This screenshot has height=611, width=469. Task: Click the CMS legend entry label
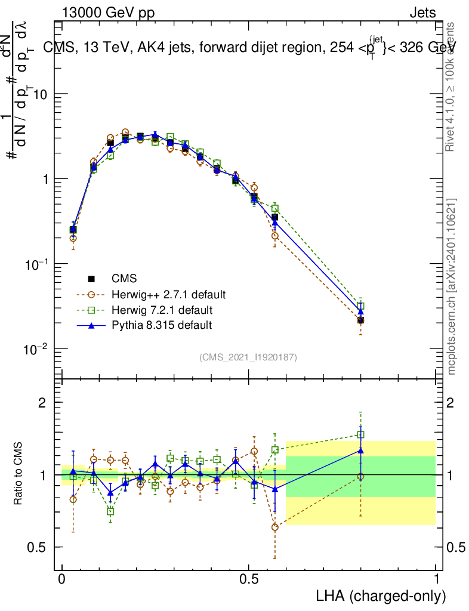tap(124, 279)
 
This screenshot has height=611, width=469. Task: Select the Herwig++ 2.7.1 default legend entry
tap(168, 294)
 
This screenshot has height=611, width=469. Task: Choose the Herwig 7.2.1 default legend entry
tap(162, 310)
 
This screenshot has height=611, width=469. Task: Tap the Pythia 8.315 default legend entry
tap(161, 325)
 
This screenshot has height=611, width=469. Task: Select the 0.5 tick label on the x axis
tap(249, 579)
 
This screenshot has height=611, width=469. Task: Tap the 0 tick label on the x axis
tap(62, 579)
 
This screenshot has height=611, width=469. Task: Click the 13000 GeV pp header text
tap(108, 14)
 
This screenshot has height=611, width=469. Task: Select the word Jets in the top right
tap(422, 14)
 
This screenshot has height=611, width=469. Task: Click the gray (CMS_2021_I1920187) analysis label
tap(248, 357)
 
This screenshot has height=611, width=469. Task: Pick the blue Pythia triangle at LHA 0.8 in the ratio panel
tap(360, 450)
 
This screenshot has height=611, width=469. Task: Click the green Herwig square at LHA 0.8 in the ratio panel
tap(360, 435)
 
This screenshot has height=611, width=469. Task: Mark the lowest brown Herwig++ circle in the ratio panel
tap(274, 527)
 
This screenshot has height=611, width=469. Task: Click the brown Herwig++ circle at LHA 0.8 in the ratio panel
tap(360, 476)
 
